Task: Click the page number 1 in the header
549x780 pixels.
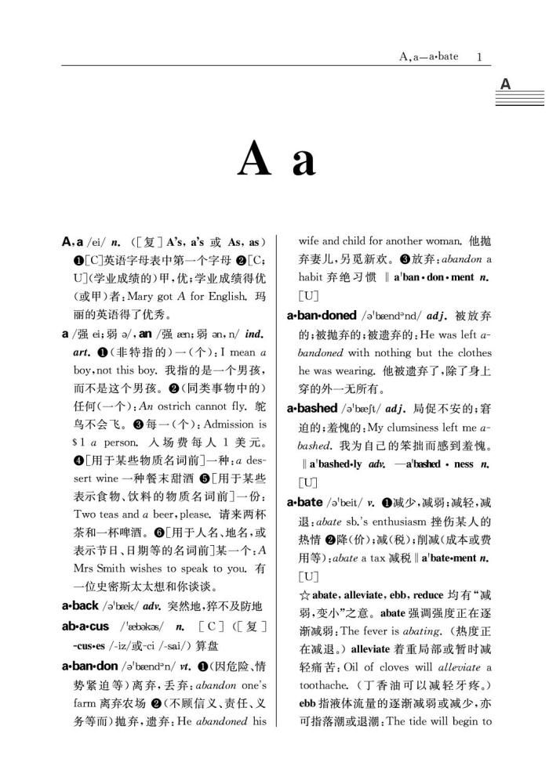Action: (x=478, y=56)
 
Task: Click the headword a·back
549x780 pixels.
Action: (x=80, y=605)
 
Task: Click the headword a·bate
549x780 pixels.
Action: (x=304, y=502)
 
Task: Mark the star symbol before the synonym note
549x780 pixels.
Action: (x=304, y=594)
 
